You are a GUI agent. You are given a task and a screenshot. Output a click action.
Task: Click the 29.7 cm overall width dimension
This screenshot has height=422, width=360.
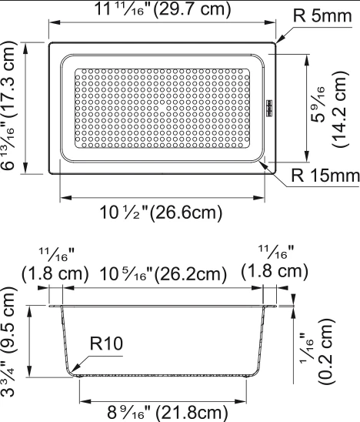point(162,9)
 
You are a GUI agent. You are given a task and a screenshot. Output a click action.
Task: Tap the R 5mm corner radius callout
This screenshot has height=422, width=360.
point(322,15)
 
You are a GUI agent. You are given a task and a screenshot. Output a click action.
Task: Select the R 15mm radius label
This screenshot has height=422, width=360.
point(325,176)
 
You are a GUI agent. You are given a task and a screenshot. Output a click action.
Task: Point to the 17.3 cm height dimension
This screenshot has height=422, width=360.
point(8,105)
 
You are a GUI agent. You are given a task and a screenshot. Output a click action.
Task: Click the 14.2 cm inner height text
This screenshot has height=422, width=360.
point(339,109)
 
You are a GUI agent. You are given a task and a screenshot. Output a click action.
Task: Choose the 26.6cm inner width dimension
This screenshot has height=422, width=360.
point(161,213)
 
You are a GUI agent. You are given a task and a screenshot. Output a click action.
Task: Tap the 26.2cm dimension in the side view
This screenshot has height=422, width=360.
point(163,275)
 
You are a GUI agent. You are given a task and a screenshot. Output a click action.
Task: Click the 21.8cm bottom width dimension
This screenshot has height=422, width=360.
point(167,413)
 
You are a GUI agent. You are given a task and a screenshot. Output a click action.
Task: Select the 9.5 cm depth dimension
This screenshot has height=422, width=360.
point(8,341)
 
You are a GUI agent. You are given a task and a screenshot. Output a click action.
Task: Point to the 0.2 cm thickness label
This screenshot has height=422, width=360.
point(326,351)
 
